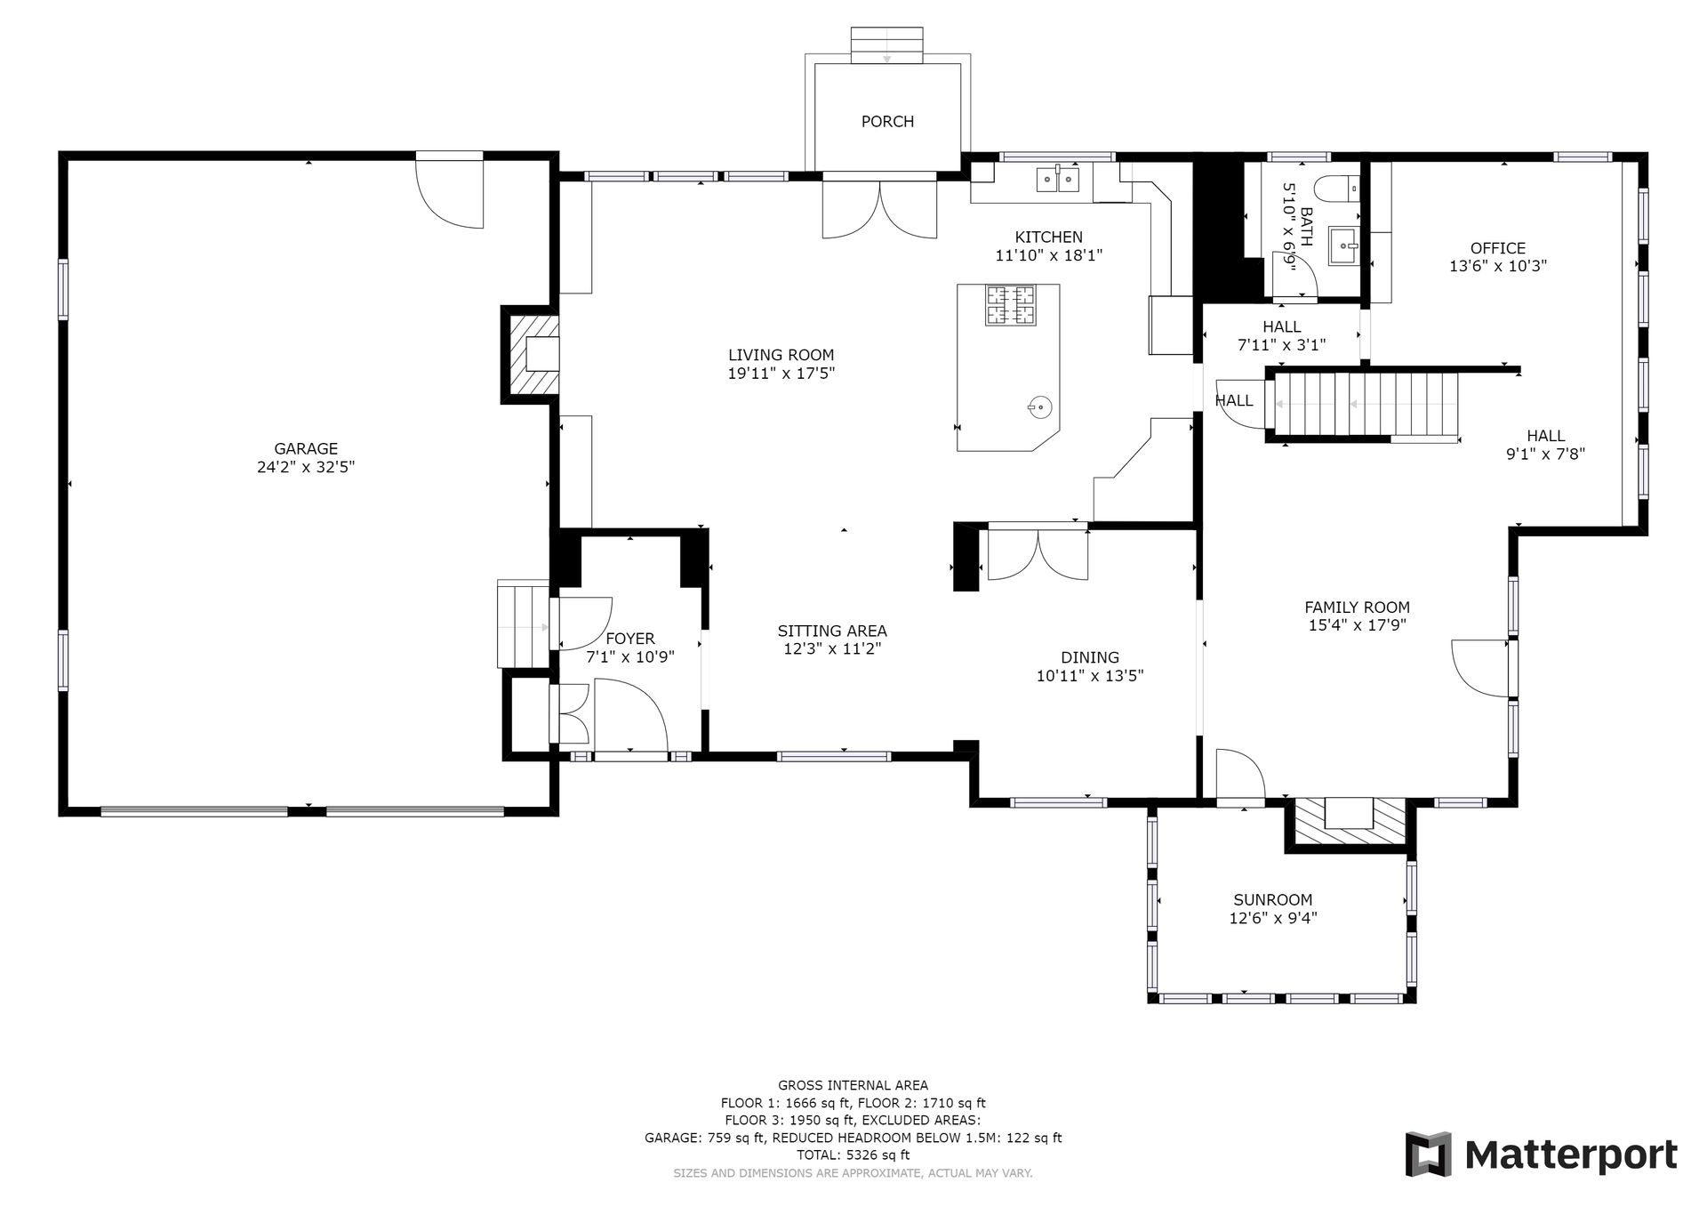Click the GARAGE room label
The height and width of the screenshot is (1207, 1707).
(x=306, y=449)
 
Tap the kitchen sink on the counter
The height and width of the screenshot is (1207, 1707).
(x=1058, y=180)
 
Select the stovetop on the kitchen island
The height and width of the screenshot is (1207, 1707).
(x=1009, y=305)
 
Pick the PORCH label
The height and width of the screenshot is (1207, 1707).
(x=887, y=122)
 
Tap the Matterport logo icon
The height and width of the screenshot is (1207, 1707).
(x=1428, y=1154)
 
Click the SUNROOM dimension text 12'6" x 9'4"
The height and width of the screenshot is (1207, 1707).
(x=1273, y=918)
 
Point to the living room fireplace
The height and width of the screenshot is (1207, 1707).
(x=531, y=354)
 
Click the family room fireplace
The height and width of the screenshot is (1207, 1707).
(x=1350, y=824)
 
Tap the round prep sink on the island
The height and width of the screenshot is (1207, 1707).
(x=1038, y=406)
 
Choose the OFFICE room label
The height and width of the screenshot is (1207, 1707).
(x=1498, y=249)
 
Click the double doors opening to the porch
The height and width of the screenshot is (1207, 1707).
(x=879, y=209)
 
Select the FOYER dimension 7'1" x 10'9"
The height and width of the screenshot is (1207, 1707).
(x=630, y=657)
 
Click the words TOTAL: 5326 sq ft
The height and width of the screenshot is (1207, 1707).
(x=853, y=1155)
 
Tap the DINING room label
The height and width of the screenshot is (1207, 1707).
(x=1090, y=658)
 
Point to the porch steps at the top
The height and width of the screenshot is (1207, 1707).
(x=886, y=45)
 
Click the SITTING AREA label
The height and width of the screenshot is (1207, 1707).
(x=832, y=632)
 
